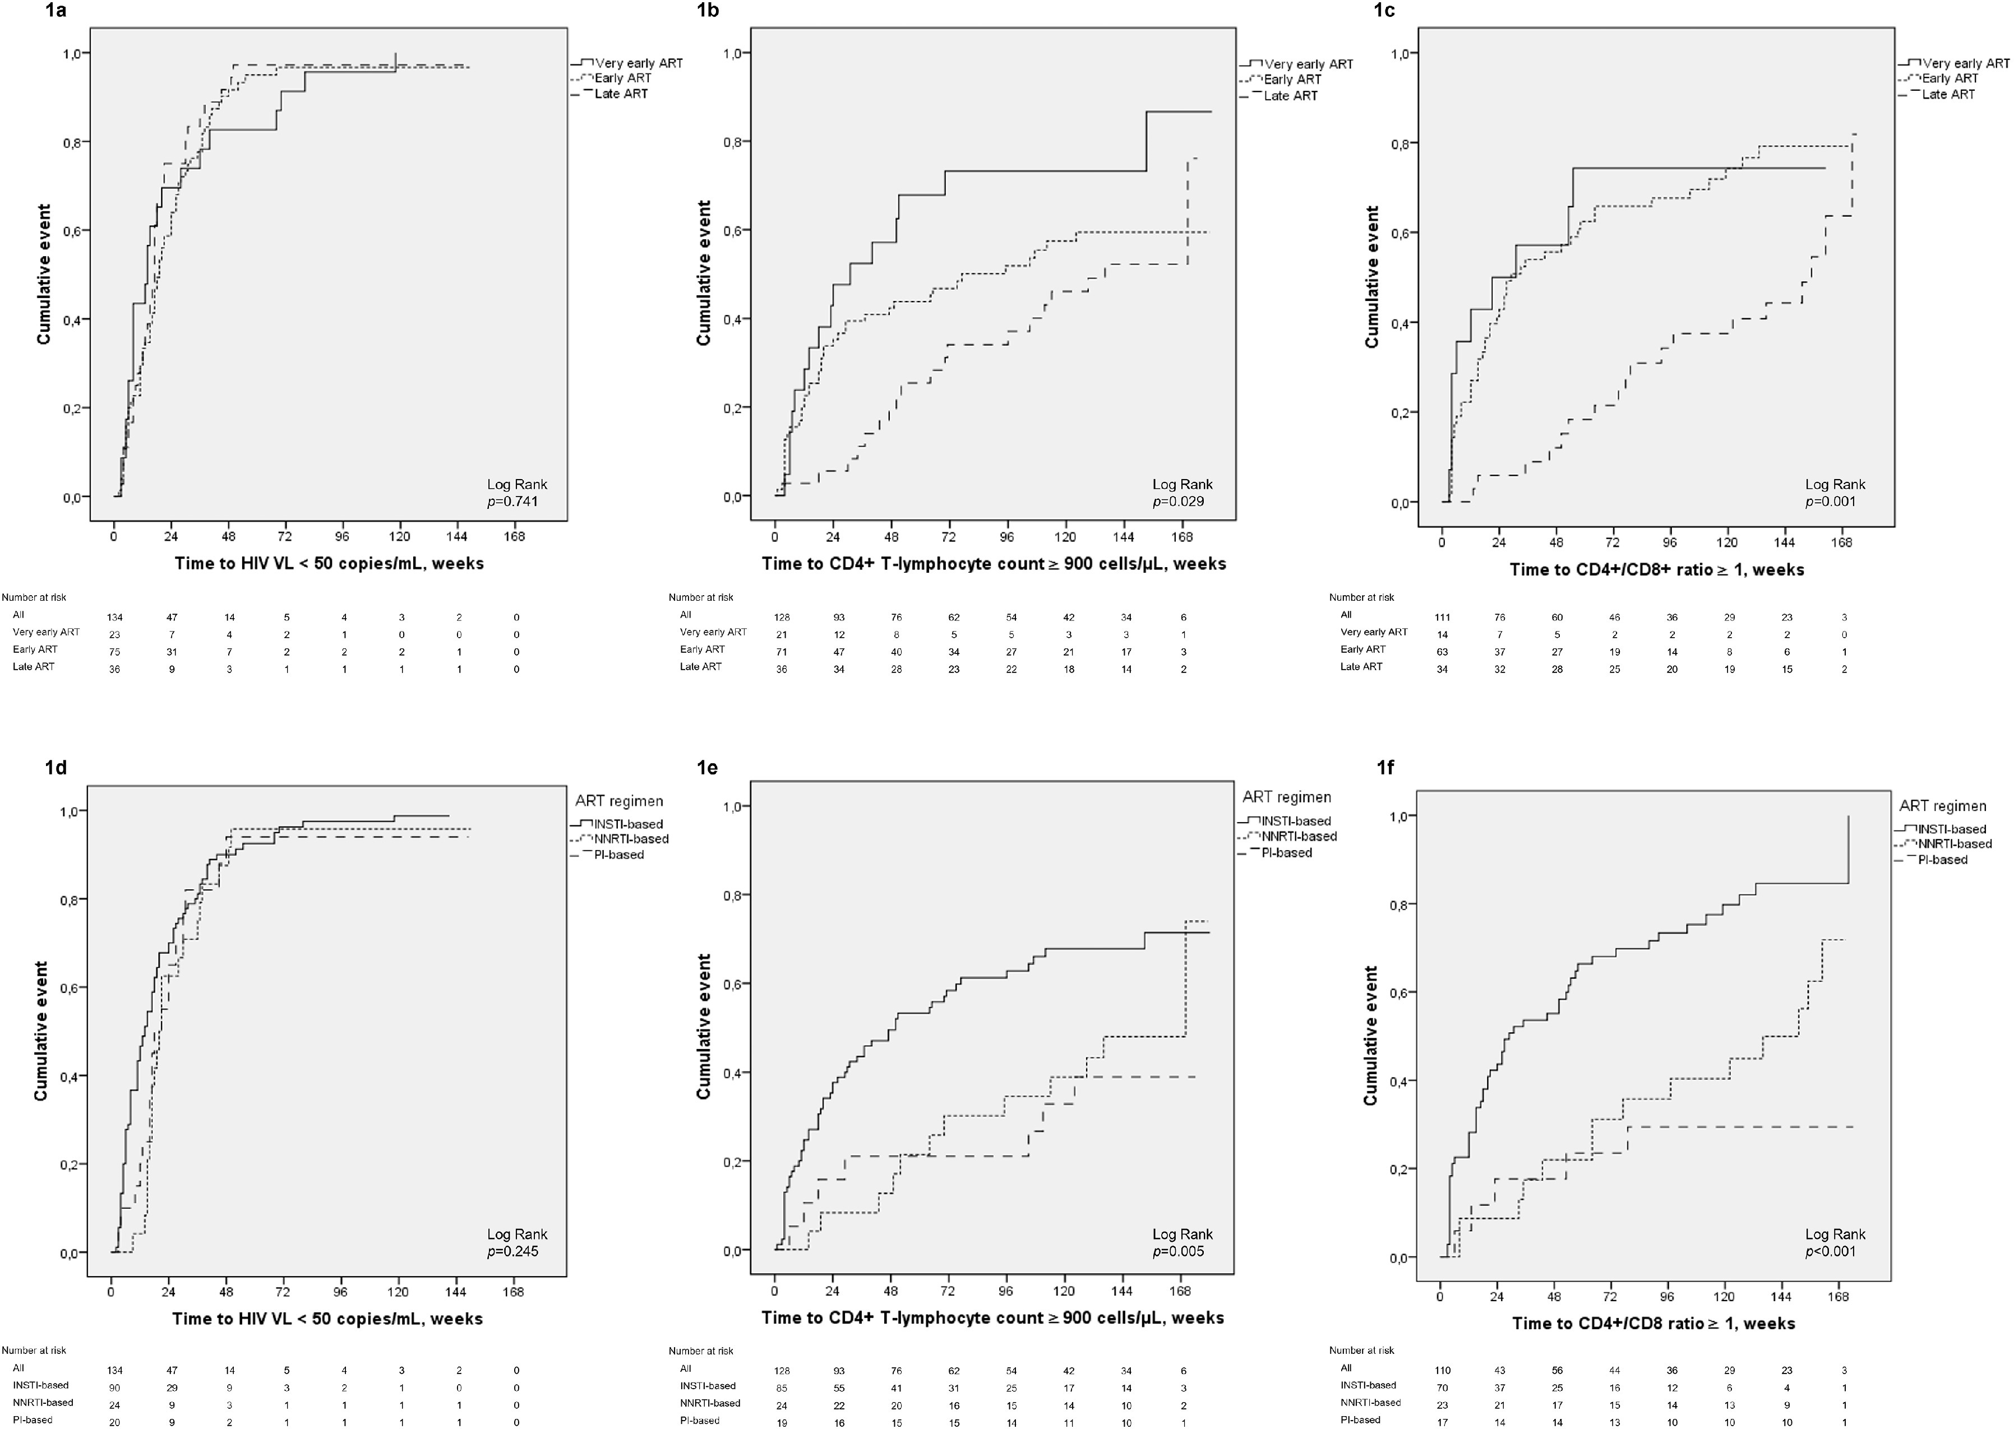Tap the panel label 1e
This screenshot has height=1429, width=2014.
[707, 767]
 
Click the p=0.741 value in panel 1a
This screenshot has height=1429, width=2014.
[517, 502]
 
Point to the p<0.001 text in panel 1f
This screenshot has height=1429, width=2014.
[1835, 1250]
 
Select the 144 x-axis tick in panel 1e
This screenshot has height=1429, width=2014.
[1123, 1291]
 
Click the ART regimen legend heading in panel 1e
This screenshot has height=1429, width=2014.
[1287, 797]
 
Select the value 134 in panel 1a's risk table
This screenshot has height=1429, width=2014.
[114, 618]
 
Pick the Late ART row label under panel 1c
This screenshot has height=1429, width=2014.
[1361, 666]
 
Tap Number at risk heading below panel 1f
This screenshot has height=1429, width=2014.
[1362, 1350]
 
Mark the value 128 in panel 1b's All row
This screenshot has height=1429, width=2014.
[782, 618]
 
